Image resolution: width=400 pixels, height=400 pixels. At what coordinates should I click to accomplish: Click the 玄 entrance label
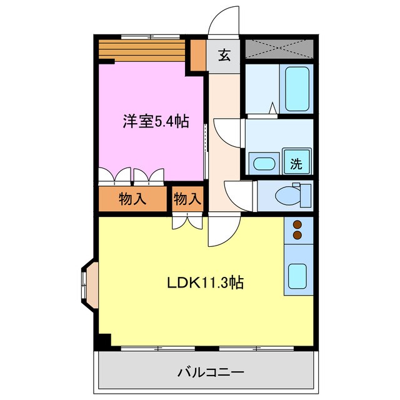pos(224,54)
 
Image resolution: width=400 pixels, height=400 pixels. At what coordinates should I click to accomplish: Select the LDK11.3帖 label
pos(205,282)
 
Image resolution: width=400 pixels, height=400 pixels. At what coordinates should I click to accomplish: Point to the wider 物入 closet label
pos(132,199)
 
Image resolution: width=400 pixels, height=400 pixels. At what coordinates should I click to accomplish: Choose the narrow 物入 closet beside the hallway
pos(187,199)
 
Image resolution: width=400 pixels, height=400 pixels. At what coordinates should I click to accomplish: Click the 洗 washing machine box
pos(296,163)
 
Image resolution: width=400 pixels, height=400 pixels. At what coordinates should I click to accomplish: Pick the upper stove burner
pos(297,225)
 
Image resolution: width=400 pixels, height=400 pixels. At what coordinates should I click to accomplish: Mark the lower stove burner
pos(297,235)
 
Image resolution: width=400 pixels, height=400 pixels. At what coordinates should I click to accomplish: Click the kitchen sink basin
pos(297,275)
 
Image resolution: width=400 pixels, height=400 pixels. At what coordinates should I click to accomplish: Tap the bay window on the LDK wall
pos(87,284)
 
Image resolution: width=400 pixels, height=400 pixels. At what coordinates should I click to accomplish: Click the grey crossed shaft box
pos(278,48)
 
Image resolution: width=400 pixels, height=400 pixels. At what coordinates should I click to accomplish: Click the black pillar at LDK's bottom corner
pos(102,341)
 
